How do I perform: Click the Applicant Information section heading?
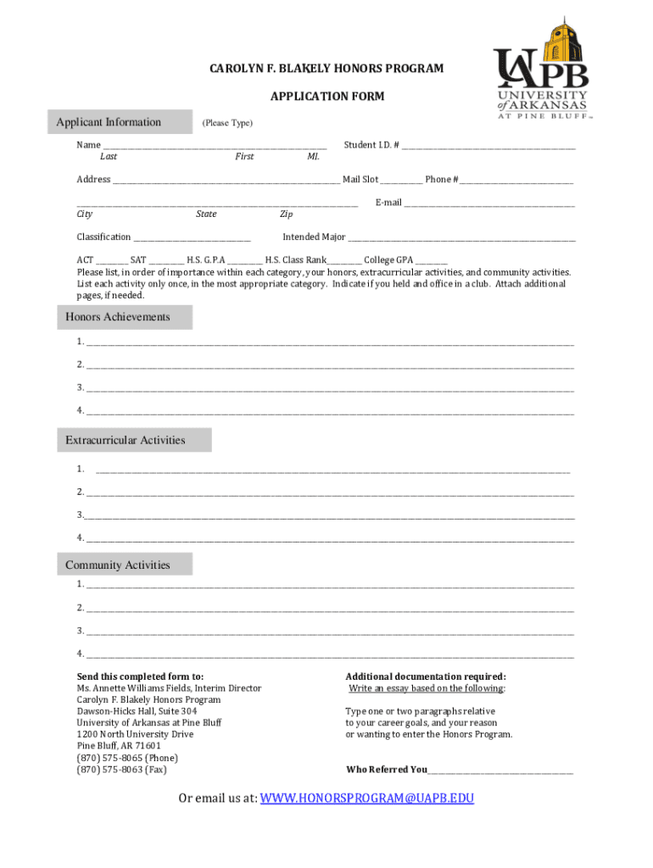pyautogui.click(x=108, y=122)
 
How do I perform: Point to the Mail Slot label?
pyautogui.click(x=360, y=180)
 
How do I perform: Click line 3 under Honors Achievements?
pyautogui.click(x=329, y=389)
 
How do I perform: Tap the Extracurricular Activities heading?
pyautogui.click(x=126, y=440)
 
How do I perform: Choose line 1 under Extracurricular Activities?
pyautogui.click(x=332, y=470)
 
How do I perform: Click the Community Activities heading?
pyautogui.click(x=118, y=565)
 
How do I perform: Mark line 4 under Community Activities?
pyautogui.click(x=329, y=655)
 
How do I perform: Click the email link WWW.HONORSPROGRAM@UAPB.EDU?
pyautogui.click(x=366, y=798)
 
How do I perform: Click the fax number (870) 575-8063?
pyautogui.click(x=121, y=770)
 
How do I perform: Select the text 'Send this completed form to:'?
pyautogui.click(x=140, y=676)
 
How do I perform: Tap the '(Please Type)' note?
pyautogui.click(x=226, y=124)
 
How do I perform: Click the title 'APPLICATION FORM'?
pyautogui.click(x=326, y=97)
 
